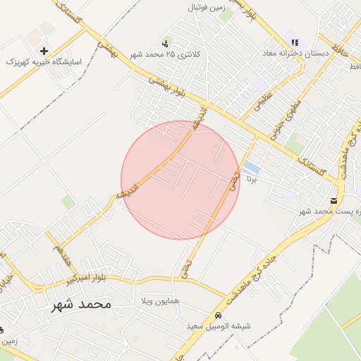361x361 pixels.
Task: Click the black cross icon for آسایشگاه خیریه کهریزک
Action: (x=44, y=51)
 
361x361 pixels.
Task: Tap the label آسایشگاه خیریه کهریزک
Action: (x=44, y=62)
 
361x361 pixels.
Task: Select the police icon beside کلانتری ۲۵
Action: (x=166, y=44)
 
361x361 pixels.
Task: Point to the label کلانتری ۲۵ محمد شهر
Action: (x=166, y=54)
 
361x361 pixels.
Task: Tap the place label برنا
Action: (x=253, y=179)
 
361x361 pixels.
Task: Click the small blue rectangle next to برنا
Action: (x=252, y=169)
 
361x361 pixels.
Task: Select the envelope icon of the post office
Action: (x=334, y=201)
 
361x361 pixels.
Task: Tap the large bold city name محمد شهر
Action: (x=82, y=304)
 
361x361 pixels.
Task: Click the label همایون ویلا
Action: (x=161, y=301)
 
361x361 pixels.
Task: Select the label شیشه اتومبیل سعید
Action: (x=219, y=326)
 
